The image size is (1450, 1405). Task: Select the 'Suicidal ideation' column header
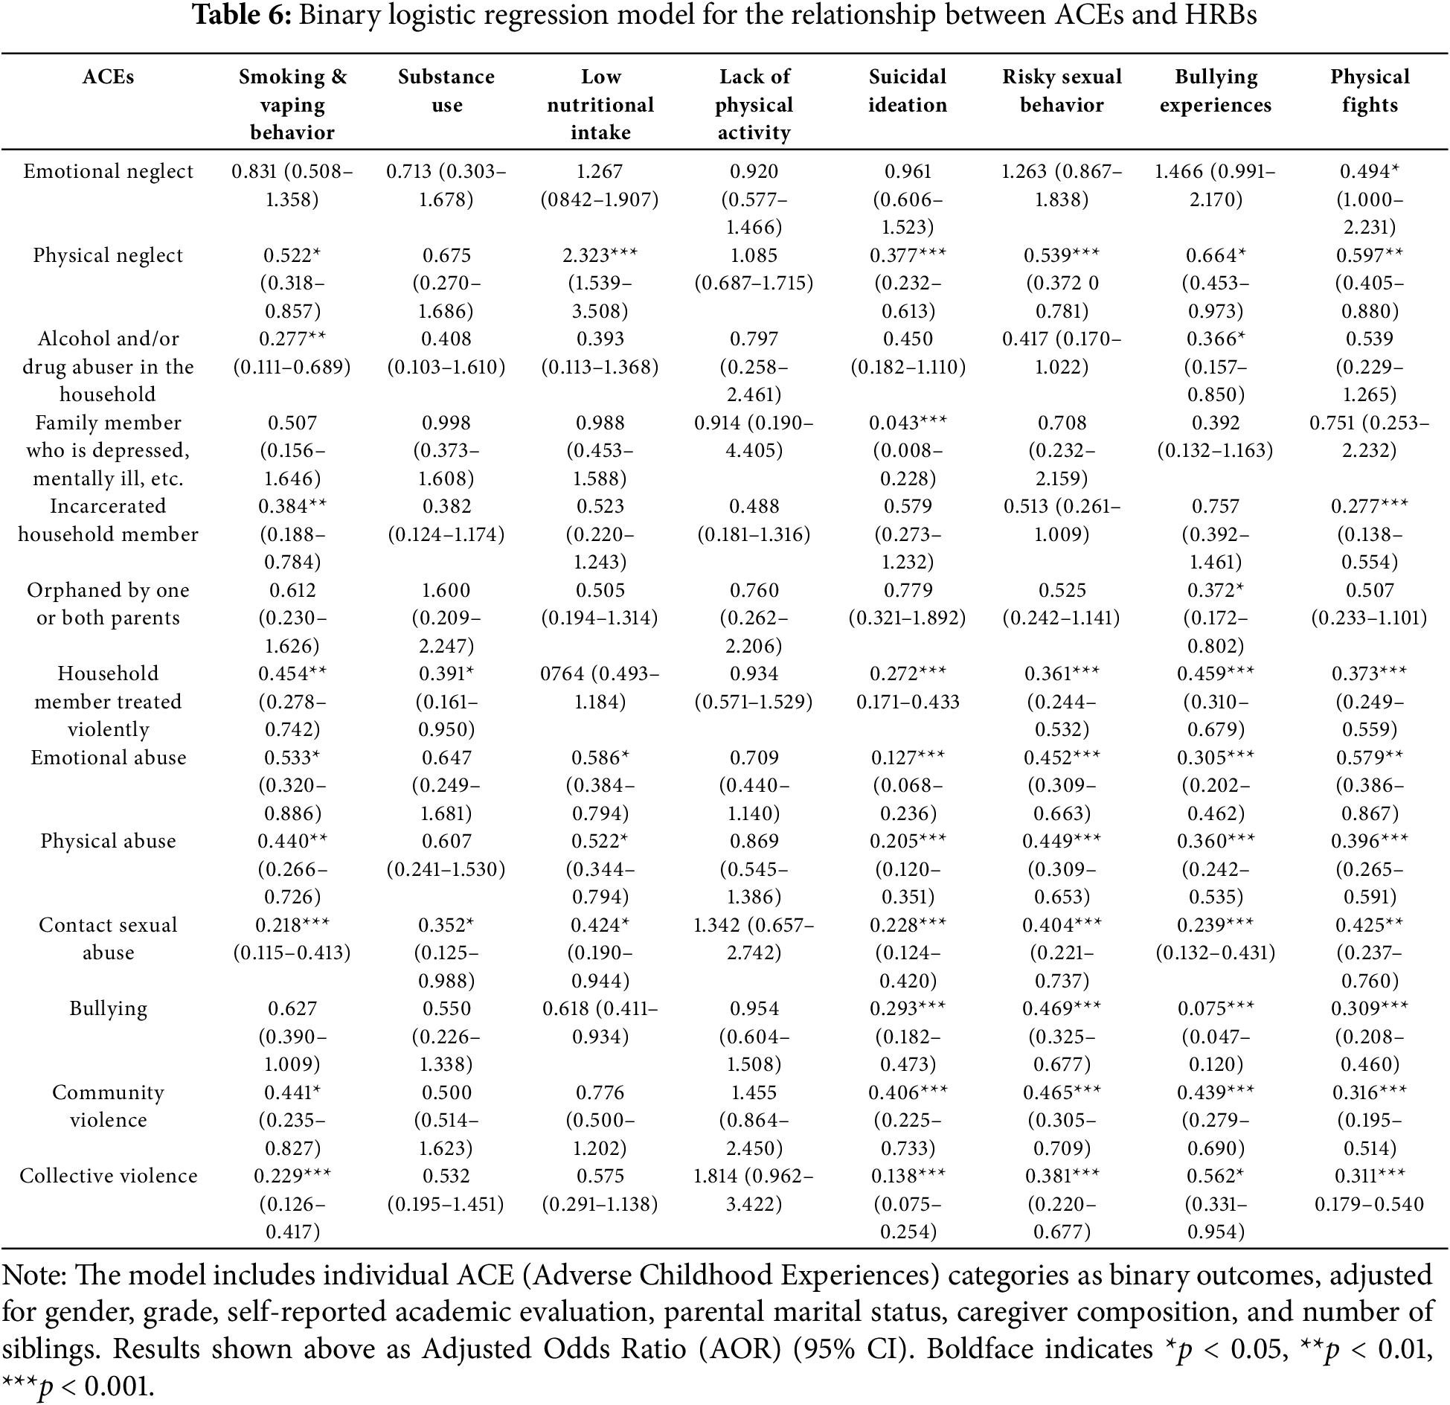(x=908, y=91)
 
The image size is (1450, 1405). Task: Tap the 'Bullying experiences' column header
(x=1216, y=91)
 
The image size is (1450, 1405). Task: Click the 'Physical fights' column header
(x=1370, y=91)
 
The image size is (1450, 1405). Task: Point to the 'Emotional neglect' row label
(x=108, y=172)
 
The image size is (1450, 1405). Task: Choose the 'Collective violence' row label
(x=109, y=1176)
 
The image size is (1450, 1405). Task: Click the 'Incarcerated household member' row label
(x=109, y=520)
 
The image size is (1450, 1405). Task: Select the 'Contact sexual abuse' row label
(x=109, y=939)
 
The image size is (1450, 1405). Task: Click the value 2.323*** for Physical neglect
(x=600, y=255)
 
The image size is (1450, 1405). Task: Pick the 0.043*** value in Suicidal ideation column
(x=908, y=423)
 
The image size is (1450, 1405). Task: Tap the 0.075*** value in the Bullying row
(x=1216, y=1008)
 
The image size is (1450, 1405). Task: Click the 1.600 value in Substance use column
(x=446, y=590)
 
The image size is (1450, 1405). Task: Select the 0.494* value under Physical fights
(x=1370, y=172)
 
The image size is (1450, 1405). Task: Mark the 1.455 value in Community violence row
(x=754, y=1092)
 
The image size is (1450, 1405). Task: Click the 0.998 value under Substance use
(x=446, y=423)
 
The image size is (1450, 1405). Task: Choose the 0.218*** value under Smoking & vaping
(x=292, y=925)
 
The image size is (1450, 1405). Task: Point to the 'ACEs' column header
(x=109, y=77)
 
